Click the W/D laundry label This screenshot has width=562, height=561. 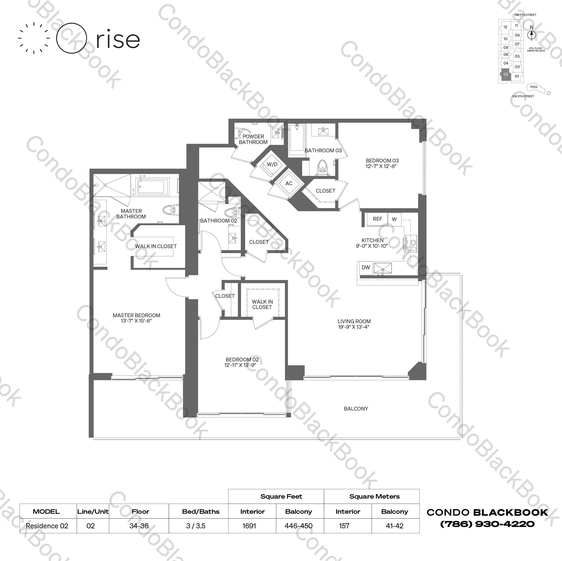[x=272, y=164]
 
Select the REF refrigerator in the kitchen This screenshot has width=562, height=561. [x=377, y=219]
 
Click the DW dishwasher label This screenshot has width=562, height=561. [x=365, y=267]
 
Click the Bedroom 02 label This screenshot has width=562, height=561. [x=242, y=360]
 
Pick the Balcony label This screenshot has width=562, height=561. [x=356, y=409]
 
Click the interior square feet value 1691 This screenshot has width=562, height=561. [x=249, y=526]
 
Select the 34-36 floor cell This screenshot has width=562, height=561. [x=139, y=526]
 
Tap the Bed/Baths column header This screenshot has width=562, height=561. [x=201, y=512]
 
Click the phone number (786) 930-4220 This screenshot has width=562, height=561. [x=487, y=524]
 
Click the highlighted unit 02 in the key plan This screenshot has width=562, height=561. [x=506, y=74]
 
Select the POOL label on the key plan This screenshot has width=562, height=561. [x=534, y=87]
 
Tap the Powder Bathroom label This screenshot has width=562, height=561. [x=253, y=139]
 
